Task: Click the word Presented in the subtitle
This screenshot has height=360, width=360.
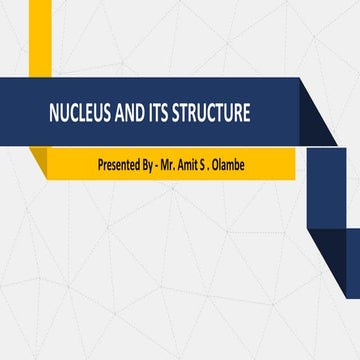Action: (x=121, y=162)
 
